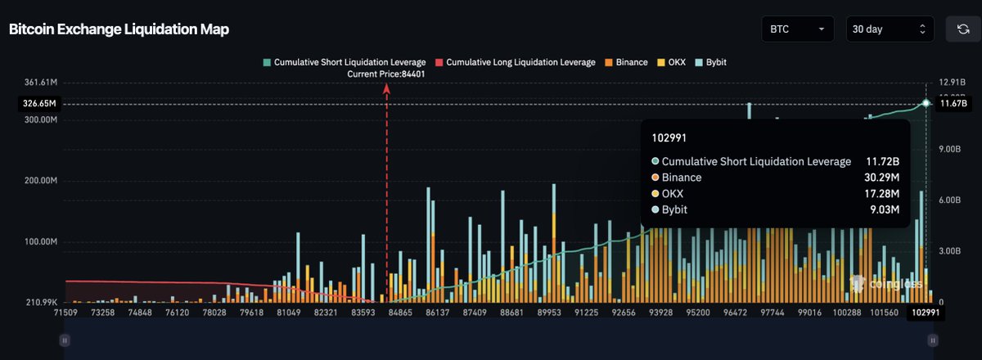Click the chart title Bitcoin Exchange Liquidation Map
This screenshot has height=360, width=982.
tap(119, 29)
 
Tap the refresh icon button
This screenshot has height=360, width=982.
tap(962, 29)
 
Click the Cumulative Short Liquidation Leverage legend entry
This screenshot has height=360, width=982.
tap(344, 62)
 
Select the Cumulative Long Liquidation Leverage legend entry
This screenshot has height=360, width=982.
tap(516, 62)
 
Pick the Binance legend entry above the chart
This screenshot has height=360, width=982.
tap(626, 62)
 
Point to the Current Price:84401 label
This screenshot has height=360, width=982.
tap(386, 74)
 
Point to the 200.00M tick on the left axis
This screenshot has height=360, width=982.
tap(40, 181)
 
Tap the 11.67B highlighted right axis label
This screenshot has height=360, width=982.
tap(953, 104)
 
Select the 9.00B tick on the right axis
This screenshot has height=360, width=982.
tap(948, 150)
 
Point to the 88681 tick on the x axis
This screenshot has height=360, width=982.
tap(511, 313)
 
